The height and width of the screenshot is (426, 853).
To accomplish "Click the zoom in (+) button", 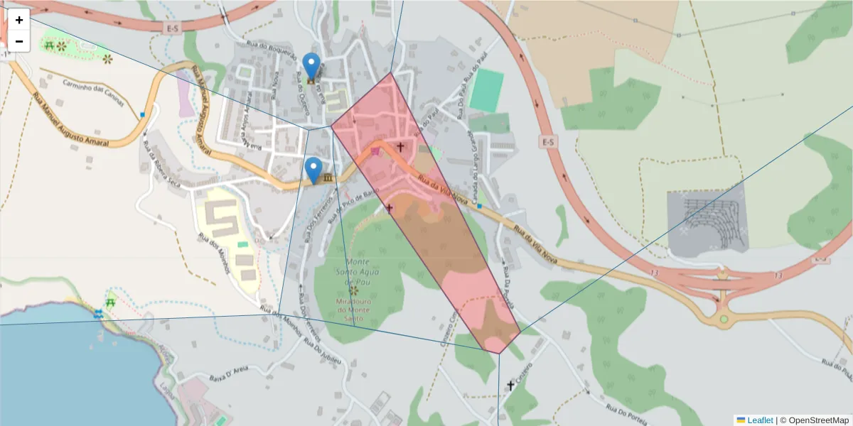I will click(19, 20).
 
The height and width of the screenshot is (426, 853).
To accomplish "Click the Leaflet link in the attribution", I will click(759, 420).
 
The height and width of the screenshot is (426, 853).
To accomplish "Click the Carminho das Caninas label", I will click(92, 94).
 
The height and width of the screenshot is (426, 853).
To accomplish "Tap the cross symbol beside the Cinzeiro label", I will click(510, 386).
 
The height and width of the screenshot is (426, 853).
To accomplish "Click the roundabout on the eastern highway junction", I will click(724, 319).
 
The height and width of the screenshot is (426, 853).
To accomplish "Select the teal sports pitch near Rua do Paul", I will click(486, 89).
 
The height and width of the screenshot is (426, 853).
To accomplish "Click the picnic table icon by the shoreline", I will click(110, 302).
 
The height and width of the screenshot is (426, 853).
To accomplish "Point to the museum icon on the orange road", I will click(328, 177).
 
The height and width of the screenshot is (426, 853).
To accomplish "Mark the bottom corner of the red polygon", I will click(498, 353).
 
